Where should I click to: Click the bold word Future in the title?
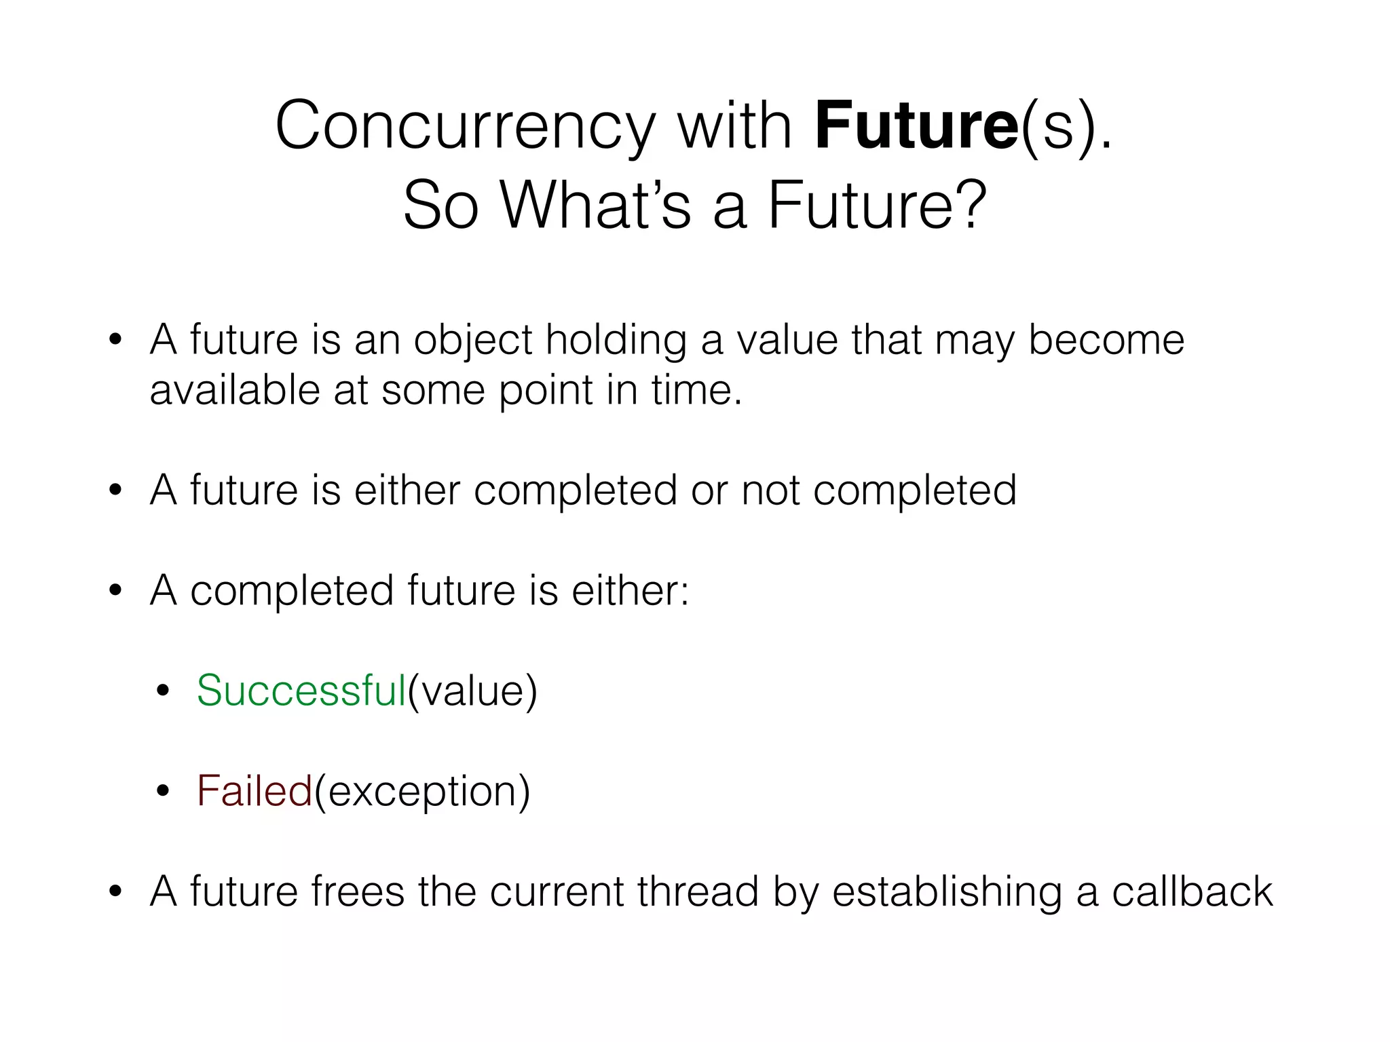click(x=916, y=126)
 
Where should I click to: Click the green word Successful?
click(x=301, y=691)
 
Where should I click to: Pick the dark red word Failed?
click(x=254, y=791)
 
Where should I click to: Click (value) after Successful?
click(x=472, y=691)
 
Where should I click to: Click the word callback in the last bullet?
click(x=1192, y=891)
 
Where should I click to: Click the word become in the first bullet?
click(x=1106, y=339)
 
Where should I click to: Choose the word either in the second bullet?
click(x=407, y=490)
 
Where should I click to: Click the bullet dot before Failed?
click(x=162, y=792)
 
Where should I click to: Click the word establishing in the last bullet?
click(x=947, y=891)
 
